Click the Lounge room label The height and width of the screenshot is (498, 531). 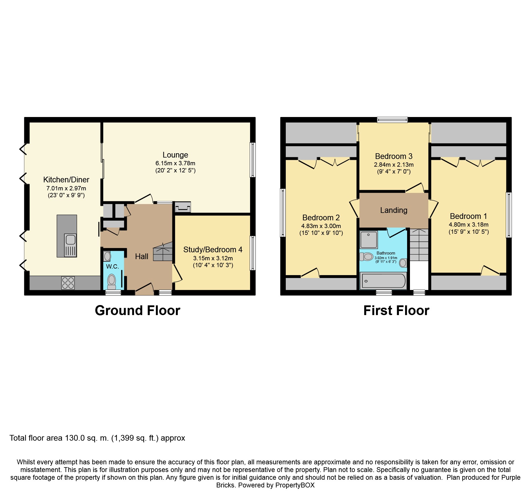[x=175, y=155]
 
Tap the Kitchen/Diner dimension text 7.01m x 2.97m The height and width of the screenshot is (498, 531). [x=66, y=188]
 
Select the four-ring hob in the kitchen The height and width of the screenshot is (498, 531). [x=68, y=283]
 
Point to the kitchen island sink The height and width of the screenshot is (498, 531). [x=70, y=245]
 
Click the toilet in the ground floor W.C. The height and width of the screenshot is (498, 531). [x=111, y=281]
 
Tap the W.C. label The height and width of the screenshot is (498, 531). [x=112, y=267]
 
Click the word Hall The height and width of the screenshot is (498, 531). [x=142, y=257]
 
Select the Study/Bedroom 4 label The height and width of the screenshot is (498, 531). [x=213, y=250]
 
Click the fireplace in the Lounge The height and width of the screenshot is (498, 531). [x=182, y=207]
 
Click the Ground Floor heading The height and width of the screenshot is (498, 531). [x=138, y=311]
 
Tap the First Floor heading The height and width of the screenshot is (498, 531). [x=396, y=311]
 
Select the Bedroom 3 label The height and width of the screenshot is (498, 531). [x=394, y=156]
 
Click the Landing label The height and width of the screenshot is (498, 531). [x=394, y=210]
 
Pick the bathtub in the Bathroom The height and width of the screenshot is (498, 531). [x=383, y=281]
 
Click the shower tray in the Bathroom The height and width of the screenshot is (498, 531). [x=369, y=239]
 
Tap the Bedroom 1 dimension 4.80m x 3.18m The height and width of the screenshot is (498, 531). [x=468, y=225]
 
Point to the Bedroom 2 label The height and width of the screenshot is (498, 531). [x=321, y=218]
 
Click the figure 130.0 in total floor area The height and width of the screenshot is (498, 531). [x=75, y=438]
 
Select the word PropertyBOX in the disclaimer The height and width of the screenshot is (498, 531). [x=295, y=485]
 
